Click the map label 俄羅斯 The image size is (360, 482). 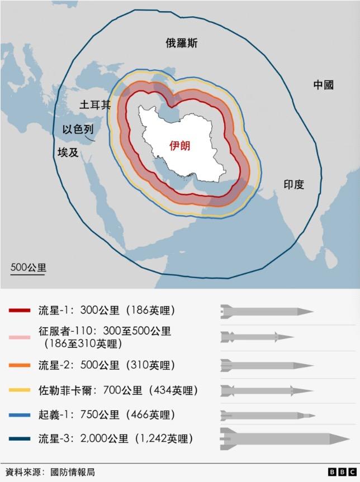[x=181, y=43]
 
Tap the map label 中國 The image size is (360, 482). [x=323, y=85]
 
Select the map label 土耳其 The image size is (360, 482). [x=96, y=104]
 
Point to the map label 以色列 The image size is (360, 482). [x=78, y=130]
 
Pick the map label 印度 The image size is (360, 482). [x=293, y=184]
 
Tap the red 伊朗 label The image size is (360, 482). [x=180, y=146]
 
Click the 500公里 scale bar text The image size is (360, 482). [x=28, y=267]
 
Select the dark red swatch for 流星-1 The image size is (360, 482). [x=20, y=310]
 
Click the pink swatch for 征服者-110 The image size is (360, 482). [x=20, y=337]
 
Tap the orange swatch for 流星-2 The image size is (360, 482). [x=20, y=365]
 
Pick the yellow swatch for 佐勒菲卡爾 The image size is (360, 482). [x=20, y=390]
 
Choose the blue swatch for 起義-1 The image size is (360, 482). [x=20, y=415]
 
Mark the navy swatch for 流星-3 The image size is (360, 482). [x=20, y=439]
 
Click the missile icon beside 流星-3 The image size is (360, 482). [x=285, y=439]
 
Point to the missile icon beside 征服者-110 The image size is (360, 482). [x=257, y=337]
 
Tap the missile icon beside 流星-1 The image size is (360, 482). [x=267, y=310]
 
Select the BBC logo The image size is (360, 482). [x=339, y=472]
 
